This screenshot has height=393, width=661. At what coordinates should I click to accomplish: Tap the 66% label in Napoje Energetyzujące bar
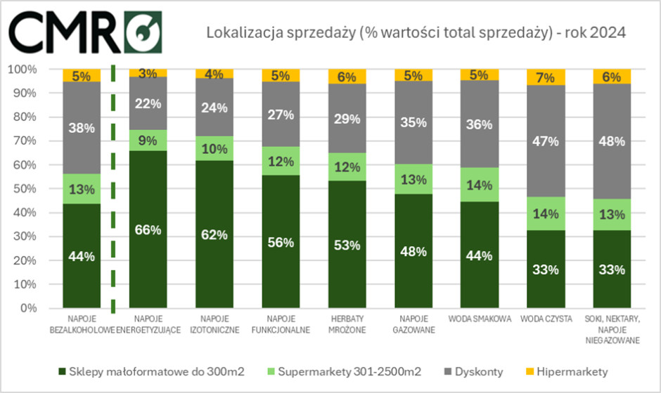click(148, 230)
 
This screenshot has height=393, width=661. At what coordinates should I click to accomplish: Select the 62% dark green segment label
click(214, 235)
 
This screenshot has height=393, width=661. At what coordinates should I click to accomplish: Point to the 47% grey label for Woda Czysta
click(546, 141)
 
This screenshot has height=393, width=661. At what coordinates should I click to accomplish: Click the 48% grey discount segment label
click(612, 141)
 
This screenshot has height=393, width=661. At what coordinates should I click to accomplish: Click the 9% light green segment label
click(148, 141)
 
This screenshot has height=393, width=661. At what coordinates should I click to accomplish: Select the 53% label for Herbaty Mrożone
click(347, 245)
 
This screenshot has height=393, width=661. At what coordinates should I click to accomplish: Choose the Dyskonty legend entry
click(477, 371)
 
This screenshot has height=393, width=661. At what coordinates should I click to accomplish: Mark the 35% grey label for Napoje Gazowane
click(413, 122)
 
